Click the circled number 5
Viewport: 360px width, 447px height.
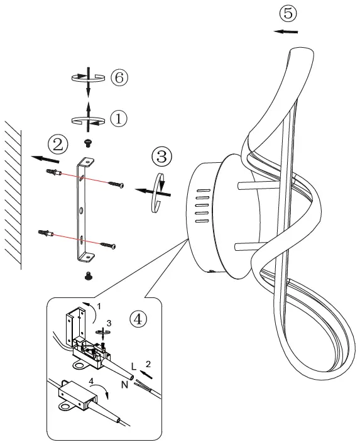(288, 13)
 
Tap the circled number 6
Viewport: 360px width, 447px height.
(119, 77)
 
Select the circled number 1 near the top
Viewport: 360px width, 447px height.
(119, 118)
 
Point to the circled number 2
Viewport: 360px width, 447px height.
(58, 145)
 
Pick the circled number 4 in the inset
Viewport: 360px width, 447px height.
(139, 319)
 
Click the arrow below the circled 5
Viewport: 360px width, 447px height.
(286, 31)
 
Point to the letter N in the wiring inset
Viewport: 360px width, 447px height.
(124, 384)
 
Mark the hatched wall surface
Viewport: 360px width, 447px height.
(12, 195)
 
